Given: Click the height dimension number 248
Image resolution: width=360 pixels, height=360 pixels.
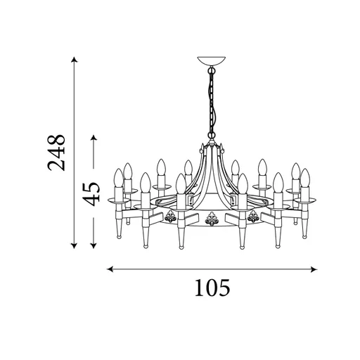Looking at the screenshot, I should [x=56, y=152].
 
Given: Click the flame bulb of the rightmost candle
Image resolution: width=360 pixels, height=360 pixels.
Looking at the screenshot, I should [x=305, y=178].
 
